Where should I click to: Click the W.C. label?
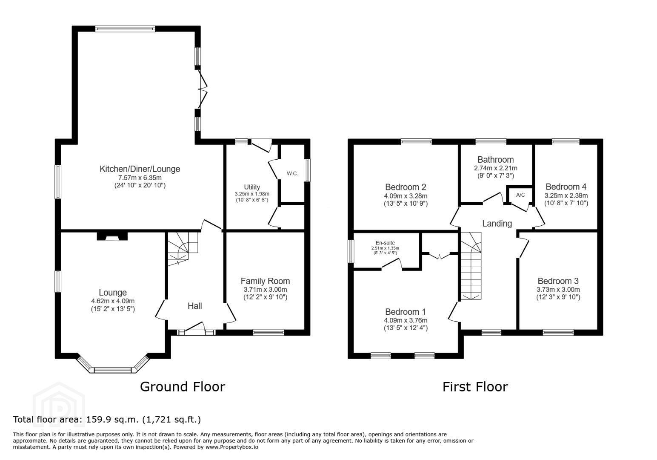coord(292,173)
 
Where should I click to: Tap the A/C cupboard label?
coord(520,195)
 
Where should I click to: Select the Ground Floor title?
coord(183,387)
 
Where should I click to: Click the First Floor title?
coord(475,387)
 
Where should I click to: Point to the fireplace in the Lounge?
coord(112,236)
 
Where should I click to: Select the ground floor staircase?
coord(183,249)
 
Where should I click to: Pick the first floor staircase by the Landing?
coord(471,266)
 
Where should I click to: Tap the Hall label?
coord(195,306)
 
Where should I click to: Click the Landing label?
coord(497,223)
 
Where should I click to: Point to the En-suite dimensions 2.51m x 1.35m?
coord(385,248)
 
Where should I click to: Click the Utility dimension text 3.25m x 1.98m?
coord(252,194)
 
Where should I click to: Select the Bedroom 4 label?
coord(566,187)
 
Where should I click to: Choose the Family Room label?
coord(265,281)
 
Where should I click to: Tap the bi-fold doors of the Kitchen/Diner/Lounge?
coord(203,89)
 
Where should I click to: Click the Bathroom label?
coord(496,159)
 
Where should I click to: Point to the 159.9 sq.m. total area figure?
coord(112,420)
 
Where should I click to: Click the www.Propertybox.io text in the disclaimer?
coord(232,447)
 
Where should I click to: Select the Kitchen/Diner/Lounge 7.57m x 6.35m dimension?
coord(140,178)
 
